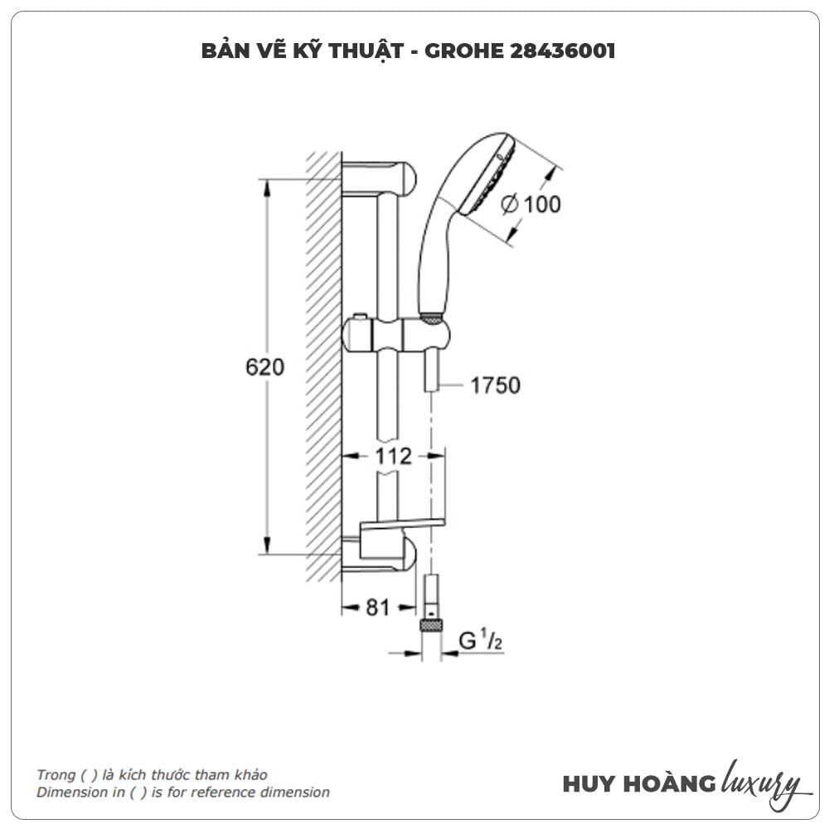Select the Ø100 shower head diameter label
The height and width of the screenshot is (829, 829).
(x=531, y=203)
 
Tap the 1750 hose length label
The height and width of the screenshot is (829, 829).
(x=495, y=385)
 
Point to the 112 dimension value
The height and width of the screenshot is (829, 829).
(x=393, y=455)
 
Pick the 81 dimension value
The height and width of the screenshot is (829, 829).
(x=377, y=608)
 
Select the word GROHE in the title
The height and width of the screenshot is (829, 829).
(x=461, y=51)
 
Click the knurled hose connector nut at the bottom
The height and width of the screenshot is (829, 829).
(x=430, y=625)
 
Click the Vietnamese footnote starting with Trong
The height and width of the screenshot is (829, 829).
(x=152, y=774)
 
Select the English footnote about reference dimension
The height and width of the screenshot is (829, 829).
(x=182, y=793)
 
